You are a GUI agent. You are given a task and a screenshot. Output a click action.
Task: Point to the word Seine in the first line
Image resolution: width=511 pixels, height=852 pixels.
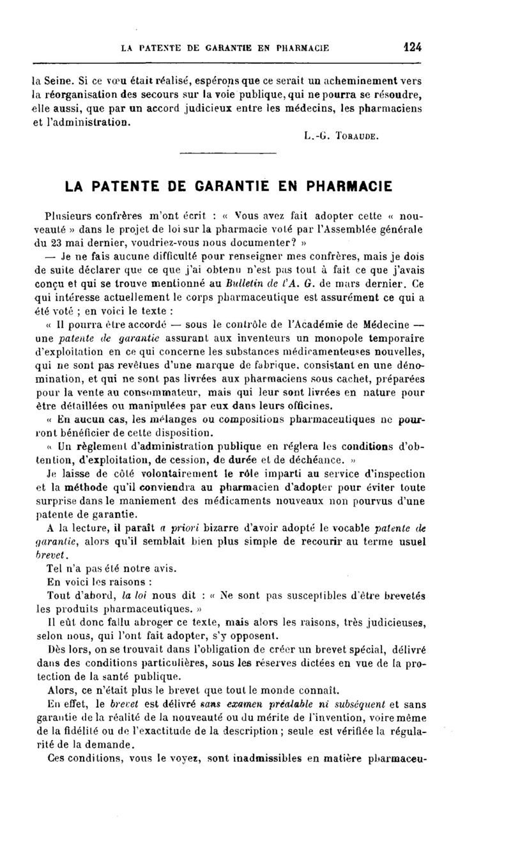pos(59,81)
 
